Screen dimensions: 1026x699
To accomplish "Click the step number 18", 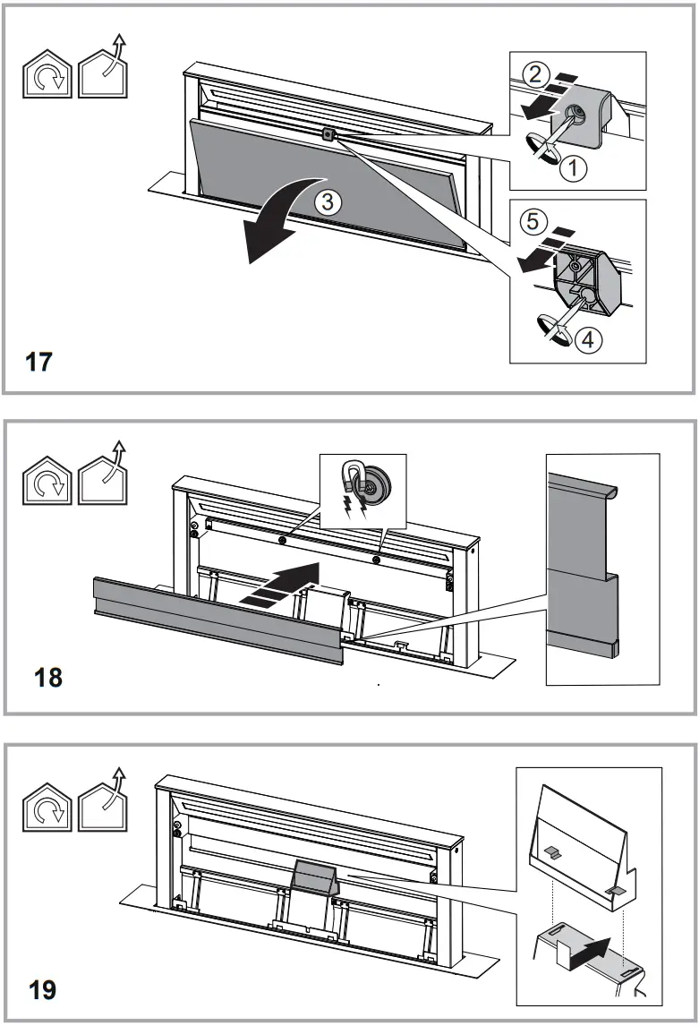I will tap(48, 677).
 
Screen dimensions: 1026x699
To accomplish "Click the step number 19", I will tap(41, 990).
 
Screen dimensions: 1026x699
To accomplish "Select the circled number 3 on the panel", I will tap(328, 203).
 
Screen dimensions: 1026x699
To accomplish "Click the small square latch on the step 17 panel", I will tap(328, 134).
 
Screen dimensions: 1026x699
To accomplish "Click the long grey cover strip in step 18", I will tap(215, 618).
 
